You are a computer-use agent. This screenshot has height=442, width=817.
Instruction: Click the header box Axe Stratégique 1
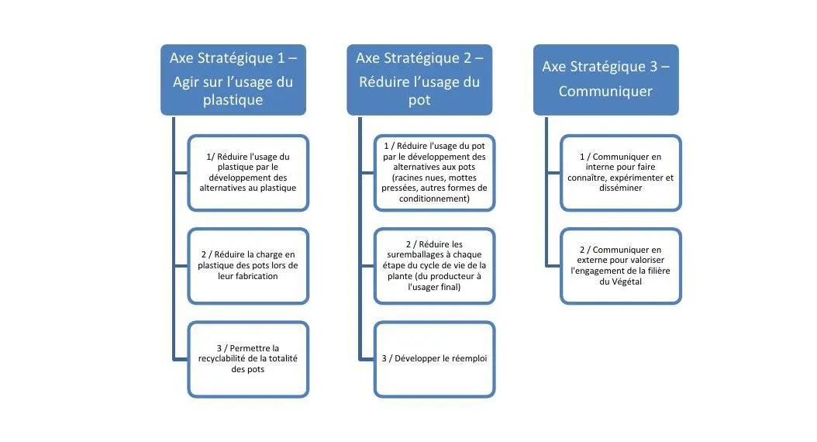tap(233, 79)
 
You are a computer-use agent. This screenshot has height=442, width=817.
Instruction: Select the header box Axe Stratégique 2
tap(419, 79)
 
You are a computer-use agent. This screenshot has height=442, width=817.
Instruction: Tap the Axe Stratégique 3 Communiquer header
tap(605, 79)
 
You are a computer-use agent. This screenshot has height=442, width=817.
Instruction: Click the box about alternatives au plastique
tap(248, 172)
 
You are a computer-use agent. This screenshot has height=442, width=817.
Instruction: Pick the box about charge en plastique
tap(248, 265)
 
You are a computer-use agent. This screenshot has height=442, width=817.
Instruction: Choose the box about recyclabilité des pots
tap(248, 358)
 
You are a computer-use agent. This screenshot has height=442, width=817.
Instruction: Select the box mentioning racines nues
tap(434, 172)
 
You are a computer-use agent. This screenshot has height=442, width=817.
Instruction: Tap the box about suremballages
tap(434, 265)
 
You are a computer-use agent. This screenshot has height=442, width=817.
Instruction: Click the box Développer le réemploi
tap(434, 358)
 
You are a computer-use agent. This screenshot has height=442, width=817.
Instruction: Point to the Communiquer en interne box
tap(621, 172)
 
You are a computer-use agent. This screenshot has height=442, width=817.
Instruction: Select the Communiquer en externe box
tap(621, 265)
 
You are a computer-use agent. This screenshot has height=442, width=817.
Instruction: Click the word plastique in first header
tap(233, 100)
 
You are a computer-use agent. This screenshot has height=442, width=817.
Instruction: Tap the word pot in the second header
tap(419, 100)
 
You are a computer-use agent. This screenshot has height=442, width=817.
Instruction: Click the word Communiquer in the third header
tap(605, 91)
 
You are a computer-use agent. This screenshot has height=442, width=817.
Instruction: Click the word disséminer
tap(621, 188)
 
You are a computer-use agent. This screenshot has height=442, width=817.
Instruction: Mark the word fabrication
tap(252, 276)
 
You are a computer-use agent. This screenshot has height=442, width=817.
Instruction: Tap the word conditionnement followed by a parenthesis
tap(432, 199)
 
